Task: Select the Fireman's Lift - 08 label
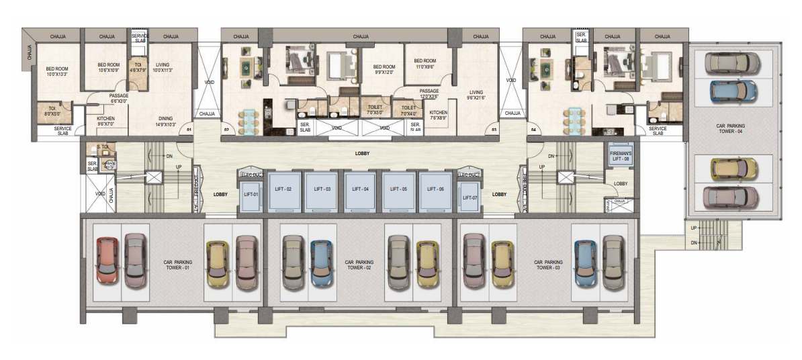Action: pos(620,156)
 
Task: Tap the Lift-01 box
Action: pos(251,195)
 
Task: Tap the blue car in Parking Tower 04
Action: pos(735,91)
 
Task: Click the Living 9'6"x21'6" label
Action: pos(476,94)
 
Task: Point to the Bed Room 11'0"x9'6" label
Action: pos(426,64)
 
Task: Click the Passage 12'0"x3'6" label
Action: pos(429,93)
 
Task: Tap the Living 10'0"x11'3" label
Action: pos(162,67)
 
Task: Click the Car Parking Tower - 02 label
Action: pos(359,265)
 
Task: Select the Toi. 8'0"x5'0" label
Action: pos(51,111)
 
